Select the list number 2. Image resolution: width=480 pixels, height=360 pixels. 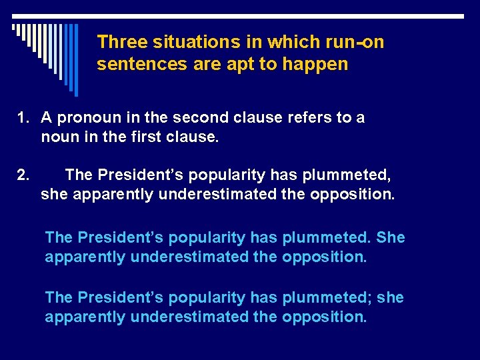tap(23, 175)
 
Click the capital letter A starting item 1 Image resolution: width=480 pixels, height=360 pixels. tap(47, 118)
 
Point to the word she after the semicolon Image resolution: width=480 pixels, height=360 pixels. tap(390, 297)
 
